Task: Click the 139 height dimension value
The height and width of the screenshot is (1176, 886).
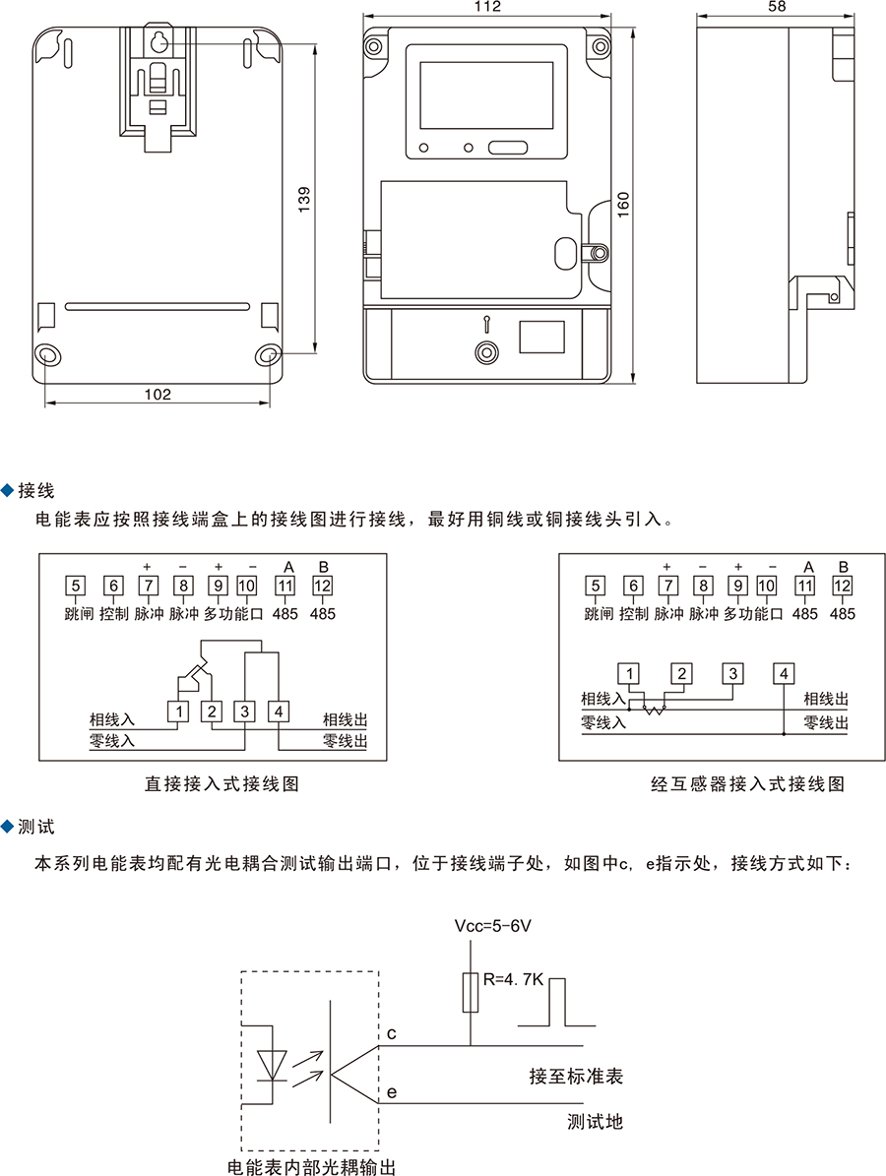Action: click(304, 199)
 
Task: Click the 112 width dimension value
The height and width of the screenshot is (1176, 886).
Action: click(487, 7)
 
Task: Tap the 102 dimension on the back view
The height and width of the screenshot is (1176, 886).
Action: click(158, 394)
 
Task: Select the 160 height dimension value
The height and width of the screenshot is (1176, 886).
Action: click(623, 205)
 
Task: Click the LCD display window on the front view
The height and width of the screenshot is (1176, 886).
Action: click(486, 95)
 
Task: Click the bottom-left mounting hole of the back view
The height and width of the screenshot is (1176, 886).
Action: click(47, 355)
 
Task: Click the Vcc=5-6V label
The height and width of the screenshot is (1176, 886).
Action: click(493, 927)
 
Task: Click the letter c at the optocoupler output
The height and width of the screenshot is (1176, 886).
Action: click(391, 1033)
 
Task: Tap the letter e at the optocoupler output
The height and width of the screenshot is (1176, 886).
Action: click(391, 1092)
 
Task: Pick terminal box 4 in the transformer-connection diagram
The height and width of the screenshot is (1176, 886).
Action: click(784, 674)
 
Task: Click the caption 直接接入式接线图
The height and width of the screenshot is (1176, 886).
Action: click(221, 784)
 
